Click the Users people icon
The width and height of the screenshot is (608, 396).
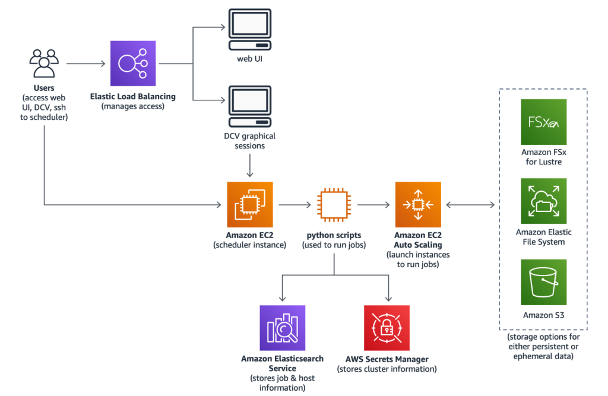point(44,63)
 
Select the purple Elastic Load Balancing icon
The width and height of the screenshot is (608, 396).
point(133,63)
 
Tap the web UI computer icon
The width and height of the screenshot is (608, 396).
point(250,30)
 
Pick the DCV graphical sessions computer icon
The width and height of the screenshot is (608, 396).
point(250,106)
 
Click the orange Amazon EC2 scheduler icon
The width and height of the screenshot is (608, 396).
point(250,204)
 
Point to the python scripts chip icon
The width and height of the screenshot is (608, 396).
point(334,205)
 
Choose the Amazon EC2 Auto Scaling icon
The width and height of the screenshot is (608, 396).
point(418,204)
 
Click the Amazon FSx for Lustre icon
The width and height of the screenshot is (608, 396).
point(544,122)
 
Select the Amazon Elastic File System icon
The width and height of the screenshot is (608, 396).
point(544,201)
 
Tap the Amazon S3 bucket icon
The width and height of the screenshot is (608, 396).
point(544,282)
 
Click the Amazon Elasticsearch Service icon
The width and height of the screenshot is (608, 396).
point(282,328)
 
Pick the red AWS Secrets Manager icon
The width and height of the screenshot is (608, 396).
point(387,328)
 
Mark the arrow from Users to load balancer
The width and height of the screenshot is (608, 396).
point(85,63)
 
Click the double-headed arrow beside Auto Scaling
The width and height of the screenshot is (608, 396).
point(470,205)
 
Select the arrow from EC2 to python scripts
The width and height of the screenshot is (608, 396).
point(294,205)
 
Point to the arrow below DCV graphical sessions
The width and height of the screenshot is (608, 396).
point(250,166)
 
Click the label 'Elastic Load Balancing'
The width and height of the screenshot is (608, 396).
point(132,96)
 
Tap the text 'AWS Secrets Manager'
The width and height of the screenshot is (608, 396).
point(387,359)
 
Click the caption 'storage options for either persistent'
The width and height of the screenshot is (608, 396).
point(544,342)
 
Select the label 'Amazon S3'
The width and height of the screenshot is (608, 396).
point(544,315)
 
